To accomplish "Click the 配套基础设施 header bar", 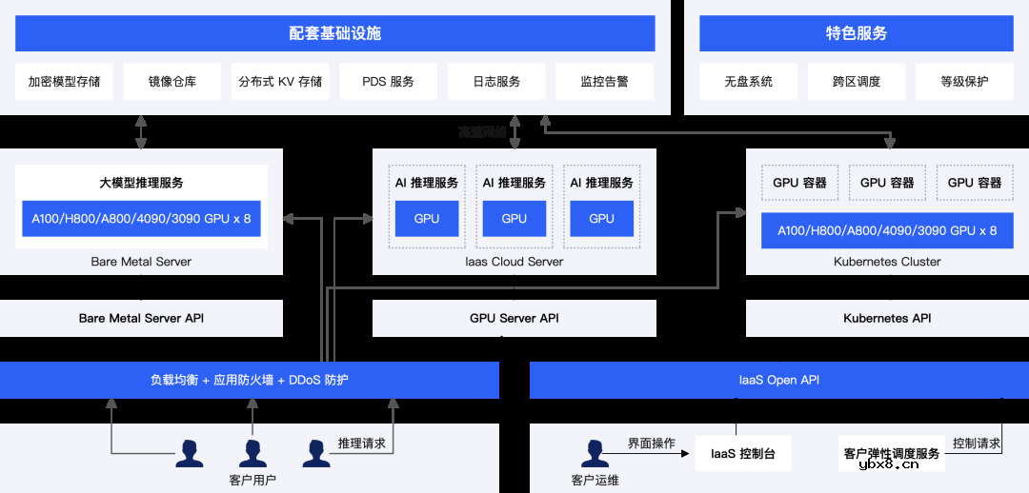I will pyautogui.click(x=334, y=33).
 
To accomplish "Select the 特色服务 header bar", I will pyautogui.click(x=856, y=33).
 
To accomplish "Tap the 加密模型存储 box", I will pyautogui.click(x=64, y=82).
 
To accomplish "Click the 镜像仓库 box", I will pyautogui.click(x=172, y=82).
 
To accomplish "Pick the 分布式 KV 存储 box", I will pyautogui.click(x=280, y=82).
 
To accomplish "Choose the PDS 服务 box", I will pyautogui.click(x=388, y=82).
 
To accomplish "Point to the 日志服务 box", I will pyautogui.click(x=496, y=82).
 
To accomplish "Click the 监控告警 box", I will pyautogui.click(x=604, y=82).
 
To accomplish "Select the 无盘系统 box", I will pyautogui.click(x=748, y=82).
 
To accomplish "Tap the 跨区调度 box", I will pyautogui.click(x=856, y=82).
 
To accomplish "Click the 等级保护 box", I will pyautogui.click(x=964, y=82).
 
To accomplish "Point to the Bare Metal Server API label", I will pyautogui.click(x=141, y=318).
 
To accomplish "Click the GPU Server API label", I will pyautogui.click(x=514, y=318).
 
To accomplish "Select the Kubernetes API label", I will pyautogui.click(x=887, y=318).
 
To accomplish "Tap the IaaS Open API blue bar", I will pyautogui.click(x=778, y=380).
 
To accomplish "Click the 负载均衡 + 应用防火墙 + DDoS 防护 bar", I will pyautogui.click(x=249, y=380).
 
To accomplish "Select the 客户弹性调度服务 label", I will pyautogui.click(x=891, y=454).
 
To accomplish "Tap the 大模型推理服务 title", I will pyautogui.click(x=141, y=183).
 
